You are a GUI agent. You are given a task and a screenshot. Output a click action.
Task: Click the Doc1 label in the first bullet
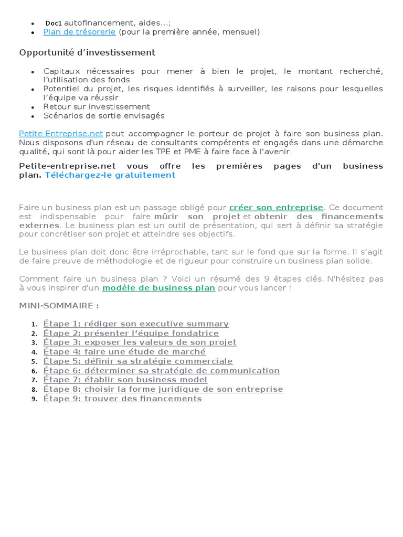click(x=54, y=23)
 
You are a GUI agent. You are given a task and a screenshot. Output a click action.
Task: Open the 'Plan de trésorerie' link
click(x=80, y=32)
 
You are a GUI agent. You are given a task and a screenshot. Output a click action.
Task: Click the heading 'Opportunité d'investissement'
click(x=87, y=52)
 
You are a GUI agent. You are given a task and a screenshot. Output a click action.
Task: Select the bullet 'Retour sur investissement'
click(x=97, y=106)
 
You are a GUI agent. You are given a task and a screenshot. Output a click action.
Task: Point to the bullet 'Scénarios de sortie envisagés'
click(x=104, y=115)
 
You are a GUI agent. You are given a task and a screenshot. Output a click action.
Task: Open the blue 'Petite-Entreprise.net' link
click(x=61, y=134)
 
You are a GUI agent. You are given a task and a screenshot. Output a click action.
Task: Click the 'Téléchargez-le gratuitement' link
click(x=110, y=175)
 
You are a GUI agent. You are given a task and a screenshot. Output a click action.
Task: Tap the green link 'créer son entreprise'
click(x=276, y=208)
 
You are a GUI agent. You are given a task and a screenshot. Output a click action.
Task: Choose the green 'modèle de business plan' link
click(x=158, y=288)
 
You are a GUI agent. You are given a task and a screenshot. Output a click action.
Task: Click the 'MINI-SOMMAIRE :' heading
click(x=59, y=306)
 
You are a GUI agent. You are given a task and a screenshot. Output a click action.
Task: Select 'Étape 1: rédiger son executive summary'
click(x=136, y=324)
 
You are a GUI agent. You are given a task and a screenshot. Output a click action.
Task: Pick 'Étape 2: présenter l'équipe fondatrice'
click(x=131, y=333)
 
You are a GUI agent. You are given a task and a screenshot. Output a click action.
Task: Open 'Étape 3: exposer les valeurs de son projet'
click(x=140, y=342)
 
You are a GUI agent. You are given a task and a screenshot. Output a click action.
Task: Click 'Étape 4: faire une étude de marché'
click(x=124, y=352)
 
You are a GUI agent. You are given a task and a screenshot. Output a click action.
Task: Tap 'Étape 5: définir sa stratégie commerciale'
click(x=138, y=361)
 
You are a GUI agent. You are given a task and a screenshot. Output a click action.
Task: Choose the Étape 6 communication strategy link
click(x=161, y=371)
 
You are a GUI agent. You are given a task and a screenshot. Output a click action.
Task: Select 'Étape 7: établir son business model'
click(x=125, y=380)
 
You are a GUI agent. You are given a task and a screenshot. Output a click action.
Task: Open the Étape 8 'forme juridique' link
click(x=163, y=389)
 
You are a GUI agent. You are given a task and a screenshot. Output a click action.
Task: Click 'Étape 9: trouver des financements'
click(x=122, y=399)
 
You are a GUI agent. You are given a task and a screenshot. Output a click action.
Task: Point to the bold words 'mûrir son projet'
click(x=197, y=217)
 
